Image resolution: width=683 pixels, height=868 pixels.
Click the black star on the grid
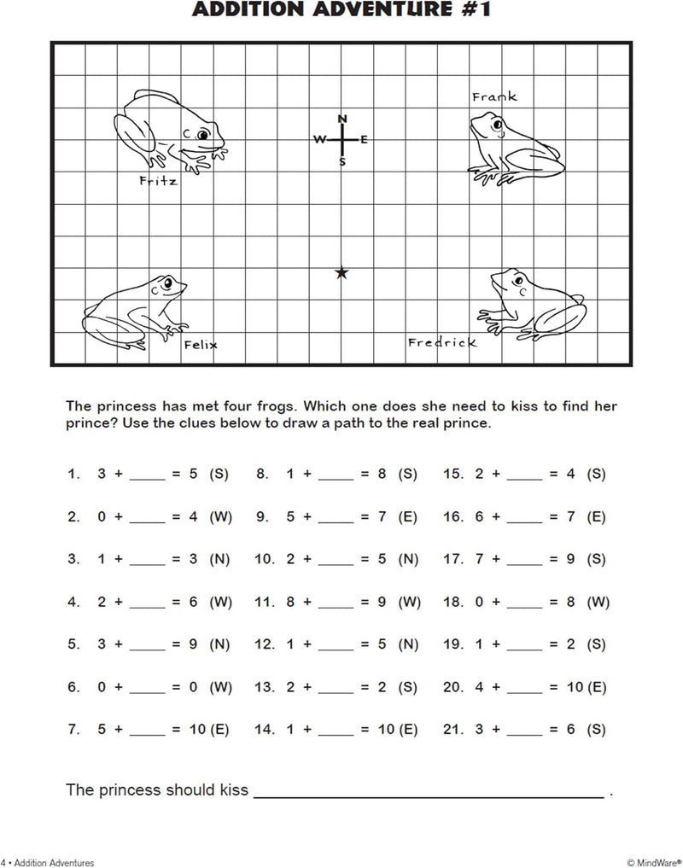pyautogui.click(x=342, y=273)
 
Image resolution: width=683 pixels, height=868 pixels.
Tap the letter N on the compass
pyautogui.click(x=342, y=119)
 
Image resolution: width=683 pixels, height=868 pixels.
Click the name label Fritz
pyautogui.click(x=158, y=181)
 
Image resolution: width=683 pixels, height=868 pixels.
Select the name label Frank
pyautogui.click(x=494, y=97)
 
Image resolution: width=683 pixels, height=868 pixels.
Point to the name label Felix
pyautogui.click(x=201, y=345)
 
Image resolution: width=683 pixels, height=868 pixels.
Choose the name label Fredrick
pyautogui.click(x=441, y=343)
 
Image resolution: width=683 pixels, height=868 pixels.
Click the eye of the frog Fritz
pyautogui.click(x=202, y=135)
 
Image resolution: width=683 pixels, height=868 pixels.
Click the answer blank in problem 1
pyautogui.click(x=148, y=474)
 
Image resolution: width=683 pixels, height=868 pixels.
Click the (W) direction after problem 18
pyautogui.click(x=598, y=602)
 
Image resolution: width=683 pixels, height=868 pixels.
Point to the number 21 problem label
pyautogui.click(x=452, y=730)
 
